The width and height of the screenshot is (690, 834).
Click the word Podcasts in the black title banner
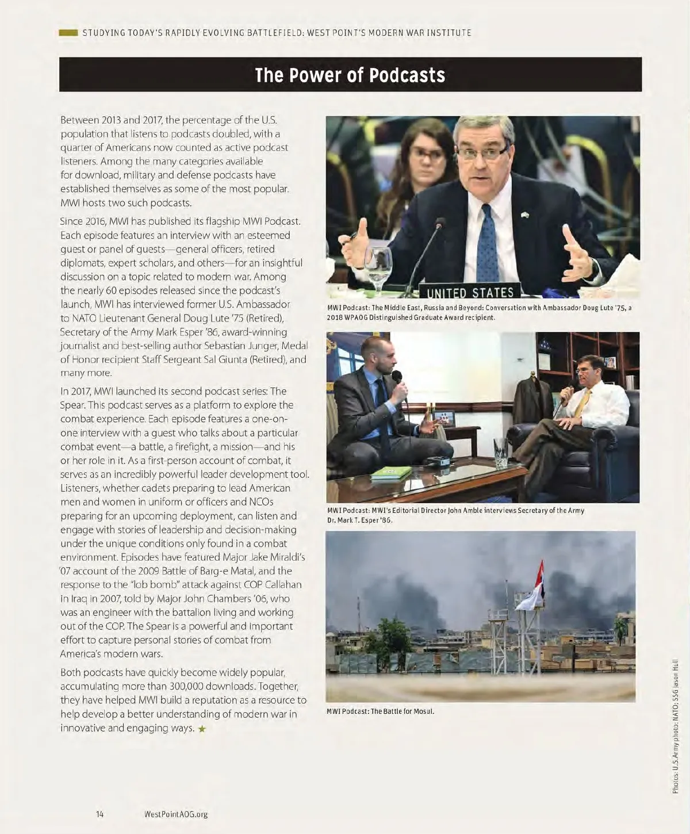(x=407, y=75)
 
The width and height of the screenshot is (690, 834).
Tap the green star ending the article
(x=202, y=729)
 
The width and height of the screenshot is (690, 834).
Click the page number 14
(x=100, y=814)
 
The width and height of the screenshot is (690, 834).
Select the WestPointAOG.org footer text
(x=176, y=814)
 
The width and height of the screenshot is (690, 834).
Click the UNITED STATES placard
(x=470, y=292)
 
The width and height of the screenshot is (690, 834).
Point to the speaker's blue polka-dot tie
(x=488, y=242)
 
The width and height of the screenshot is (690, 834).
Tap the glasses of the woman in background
(x=426, y=154)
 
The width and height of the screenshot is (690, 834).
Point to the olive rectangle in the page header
(x=68, y=33)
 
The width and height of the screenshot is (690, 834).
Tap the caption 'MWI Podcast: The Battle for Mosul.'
(x=380, y=711)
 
